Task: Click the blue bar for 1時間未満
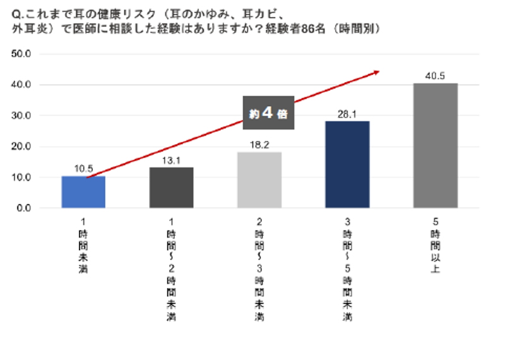pos(83,192)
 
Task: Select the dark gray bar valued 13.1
pos(171,188)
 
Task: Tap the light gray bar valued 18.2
pos(259,180)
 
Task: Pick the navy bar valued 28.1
pos(347,164)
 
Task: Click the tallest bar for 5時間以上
pos(436,145)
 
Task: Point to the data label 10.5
pos(83,169)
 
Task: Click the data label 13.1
pos(171,160)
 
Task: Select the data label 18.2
pos(259,145)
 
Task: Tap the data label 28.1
pos(347,114)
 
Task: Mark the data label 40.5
pos(436,76)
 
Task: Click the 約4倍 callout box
pos(268,113)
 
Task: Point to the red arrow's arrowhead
pos(376,72)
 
